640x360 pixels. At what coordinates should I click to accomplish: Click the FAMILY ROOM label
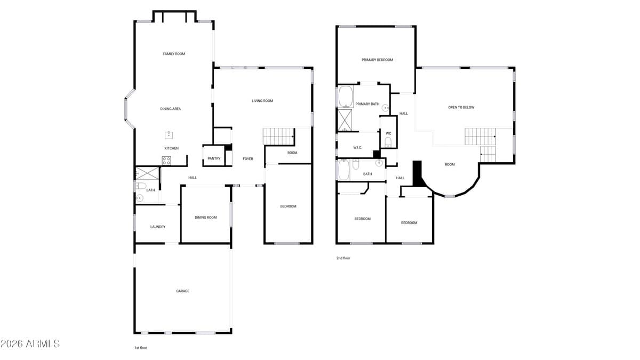[x=174, y=54]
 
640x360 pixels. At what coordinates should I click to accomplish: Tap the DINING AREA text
[x=171, y=109]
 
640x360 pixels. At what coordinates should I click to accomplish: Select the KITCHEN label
[x=171, y=148]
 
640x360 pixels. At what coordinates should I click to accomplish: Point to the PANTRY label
[x=214, y=158]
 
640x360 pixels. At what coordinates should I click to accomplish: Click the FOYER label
[x=248, y=159]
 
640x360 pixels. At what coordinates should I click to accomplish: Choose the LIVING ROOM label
[x=262, y=101]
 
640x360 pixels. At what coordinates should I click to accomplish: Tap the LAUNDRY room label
[x=157, y=227]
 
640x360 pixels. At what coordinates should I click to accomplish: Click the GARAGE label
[x=183, y=291]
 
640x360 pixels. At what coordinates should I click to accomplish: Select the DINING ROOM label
[x=205, y=217]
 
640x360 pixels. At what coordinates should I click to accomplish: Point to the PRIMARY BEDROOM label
[x=377, y=60]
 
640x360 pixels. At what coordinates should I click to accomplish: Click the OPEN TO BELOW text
[x=461, y=107]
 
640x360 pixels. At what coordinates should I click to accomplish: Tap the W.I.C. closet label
[x=357, y=148]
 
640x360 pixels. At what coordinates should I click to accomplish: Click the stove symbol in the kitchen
[x=166, y=160]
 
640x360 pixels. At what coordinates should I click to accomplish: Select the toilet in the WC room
[x=388, y=142]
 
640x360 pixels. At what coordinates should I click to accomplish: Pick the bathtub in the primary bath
[x=346, y=97]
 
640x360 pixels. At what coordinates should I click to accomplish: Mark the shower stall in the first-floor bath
[x=147, y=173]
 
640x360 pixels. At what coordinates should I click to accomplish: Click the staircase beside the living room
[x=279, y=135]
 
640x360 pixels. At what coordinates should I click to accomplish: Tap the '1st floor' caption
[x=140, y=348]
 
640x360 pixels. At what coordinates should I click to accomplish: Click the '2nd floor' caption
[x=343, y=258]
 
